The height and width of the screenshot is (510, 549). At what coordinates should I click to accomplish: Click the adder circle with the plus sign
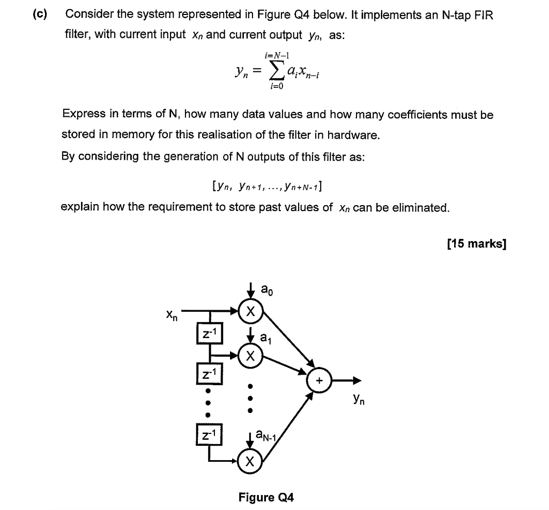point(320,381)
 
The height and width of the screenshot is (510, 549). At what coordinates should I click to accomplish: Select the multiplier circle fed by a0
point(250,311)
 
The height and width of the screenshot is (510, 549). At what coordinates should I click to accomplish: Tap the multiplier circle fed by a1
point(250,355)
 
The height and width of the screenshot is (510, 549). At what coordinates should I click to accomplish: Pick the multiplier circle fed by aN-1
point(250,461)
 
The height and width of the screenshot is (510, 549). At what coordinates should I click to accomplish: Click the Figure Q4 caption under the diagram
point(266,498)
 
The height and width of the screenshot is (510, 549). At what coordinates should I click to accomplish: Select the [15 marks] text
point(476,244)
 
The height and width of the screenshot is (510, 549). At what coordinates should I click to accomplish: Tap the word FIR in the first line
point(482,15)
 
